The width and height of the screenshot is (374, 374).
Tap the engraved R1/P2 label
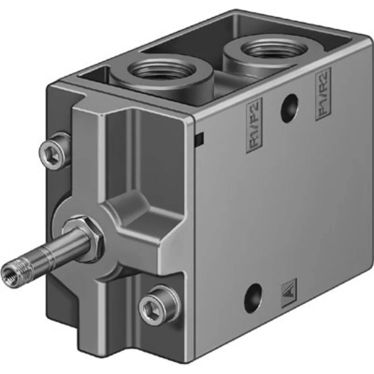click(x=254, y=125)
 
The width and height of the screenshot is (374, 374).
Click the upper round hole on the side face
click(x=289, y=108)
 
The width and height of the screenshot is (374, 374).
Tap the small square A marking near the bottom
click(x=289, y=293)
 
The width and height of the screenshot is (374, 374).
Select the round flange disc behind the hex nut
click(x=67, y=209)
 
